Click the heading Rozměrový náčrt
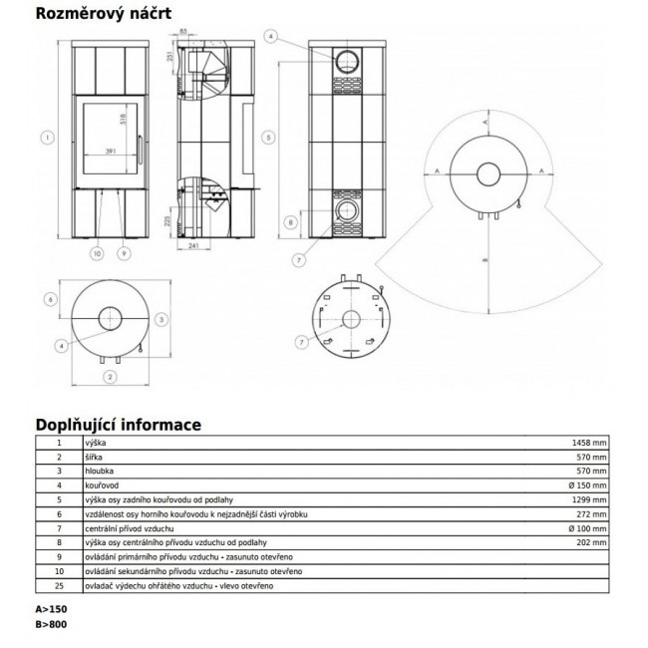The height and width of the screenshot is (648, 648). (106, 15)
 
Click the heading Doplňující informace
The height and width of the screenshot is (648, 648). (118, 425)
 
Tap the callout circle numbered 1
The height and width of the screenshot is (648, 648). (47, 137)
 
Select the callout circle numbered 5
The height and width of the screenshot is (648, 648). (268, 137)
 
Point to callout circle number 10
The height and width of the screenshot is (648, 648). (96, 253)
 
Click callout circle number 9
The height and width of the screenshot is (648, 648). (123, 253)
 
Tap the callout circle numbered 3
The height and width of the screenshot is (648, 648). (161, 320)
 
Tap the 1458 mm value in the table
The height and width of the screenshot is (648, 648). (586, 440)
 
